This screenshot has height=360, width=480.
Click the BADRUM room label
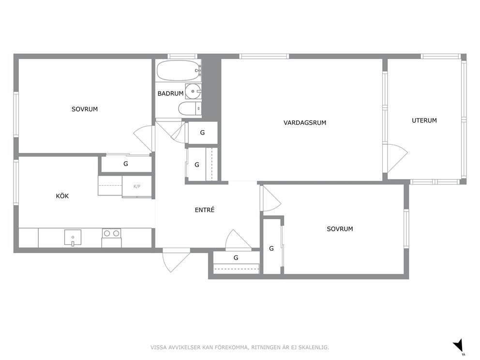[170, 93]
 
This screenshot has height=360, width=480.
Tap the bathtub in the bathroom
[179, 71]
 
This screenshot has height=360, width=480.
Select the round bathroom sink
[193, 91]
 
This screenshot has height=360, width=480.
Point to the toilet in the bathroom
[190, 108]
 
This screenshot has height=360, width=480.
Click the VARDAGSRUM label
[304, 123]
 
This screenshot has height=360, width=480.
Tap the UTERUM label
[424, 120]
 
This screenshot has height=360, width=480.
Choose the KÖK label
[62, 196]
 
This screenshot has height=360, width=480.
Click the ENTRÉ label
[205, 210]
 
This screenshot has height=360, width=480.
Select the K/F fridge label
[137, 186]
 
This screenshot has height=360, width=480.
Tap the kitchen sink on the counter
[73, 238]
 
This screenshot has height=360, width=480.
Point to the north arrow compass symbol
[459, 346]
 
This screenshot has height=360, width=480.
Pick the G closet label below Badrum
[202, 133]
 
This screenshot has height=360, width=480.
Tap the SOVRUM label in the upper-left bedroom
[85, 109]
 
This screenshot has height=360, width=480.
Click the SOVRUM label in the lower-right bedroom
[340, 229]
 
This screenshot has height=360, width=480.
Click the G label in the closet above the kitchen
[125, 164]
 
